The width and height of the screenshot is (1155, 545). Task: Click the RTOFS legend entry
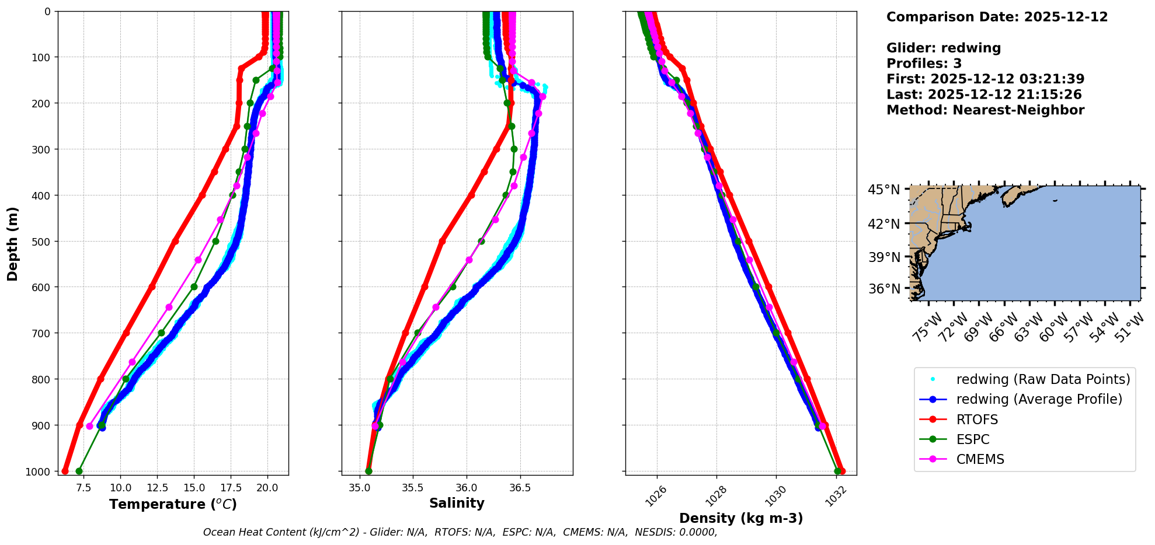point(977,420)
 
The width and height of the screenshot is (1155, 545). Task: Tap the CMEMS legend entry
point(980,459)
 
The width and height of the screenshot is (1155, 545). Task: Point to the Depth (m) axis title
point(13,243)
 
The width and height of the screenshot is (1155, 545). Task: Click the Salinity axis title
point(457,503)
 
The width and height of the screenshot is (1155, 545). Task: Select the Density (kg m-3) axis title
point(740,518)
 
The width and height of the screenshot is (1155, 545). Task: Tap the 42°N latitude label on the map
point(883,223)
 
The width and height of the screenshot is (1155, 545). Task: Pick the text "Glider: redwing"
point(943,48)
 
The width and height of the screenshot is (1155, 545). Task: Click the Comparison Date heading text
point(997,17)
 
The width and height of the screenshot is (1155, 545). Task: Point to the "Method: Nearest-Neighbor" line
point(985,110)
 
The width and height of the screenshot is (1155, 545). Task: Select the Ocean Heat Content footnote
point(460,532)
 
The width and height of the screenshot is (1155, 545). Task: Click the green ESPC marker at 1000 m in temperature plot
point(79,471)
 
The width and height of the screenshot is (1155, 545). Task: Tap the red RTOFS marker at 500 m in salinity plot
point(442,241)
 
